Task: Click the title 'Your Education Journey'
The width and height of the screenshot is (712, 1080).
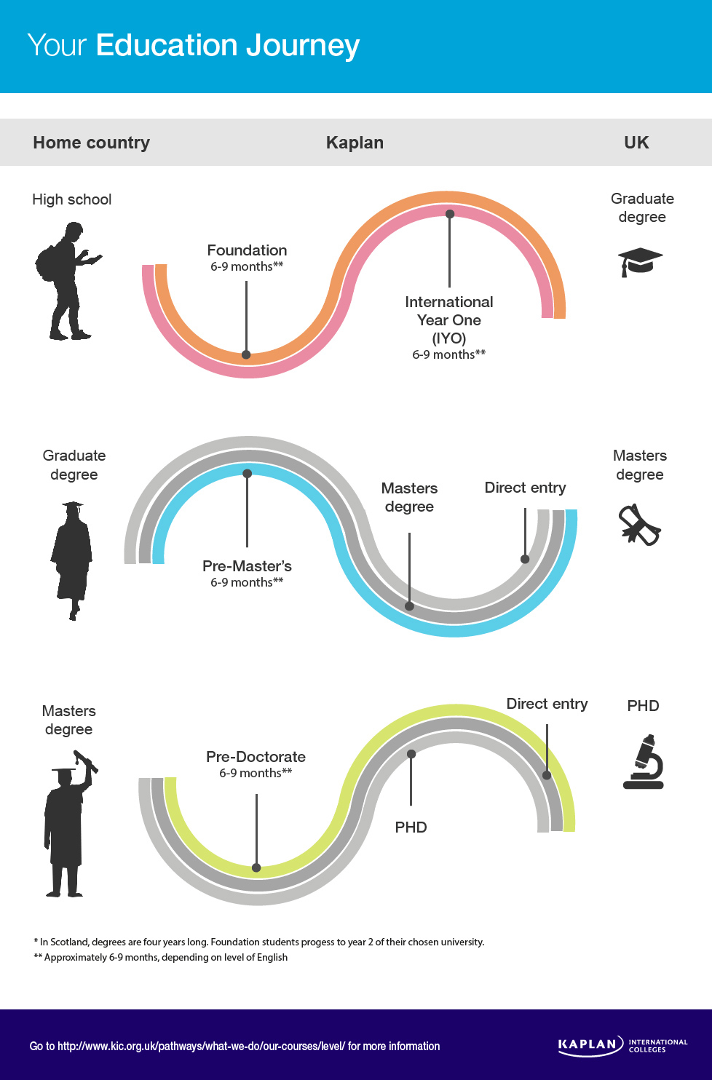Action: (194, 45)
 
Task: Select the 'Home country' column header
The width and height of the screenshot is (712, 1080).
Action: (91, 143)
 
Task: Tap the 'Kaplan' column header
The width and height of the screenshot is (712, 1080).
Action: (355, 143)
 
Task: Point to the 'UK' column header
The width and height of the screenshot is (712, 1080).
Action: (636, 143)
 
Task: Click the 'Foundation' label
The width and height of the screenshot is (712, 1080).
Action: (247, 250)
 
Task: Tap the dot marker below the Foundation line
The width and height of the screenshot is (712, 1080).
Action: (246, 354)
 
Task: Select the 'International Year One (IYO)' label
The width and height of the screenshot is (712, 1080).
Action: (448, 319)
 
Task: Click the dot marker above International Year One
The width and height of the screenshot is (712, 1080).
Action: (450, 214)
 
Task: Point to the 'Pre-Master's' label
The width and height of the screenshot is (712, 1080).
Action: (247, 566)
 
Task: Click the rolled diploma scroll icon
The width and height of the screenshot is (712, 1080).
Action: (638, 525)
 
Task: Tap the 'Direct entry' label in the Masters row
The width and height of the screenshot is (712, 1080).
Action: (525, 488)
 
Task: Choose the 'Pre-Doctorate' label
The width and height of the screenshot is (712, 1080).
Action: (256, 757)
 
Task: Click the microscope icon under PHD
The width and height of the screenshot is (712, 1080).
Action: (644, 762)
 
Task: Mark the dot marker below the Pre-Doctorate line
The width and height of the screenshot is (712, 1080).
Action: (256, 867)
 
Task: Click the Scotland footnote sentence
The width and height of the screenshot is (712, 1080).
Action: (259, 942)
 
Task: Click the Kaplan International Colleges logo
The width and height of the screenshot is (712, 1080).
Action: (622, 1045)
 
